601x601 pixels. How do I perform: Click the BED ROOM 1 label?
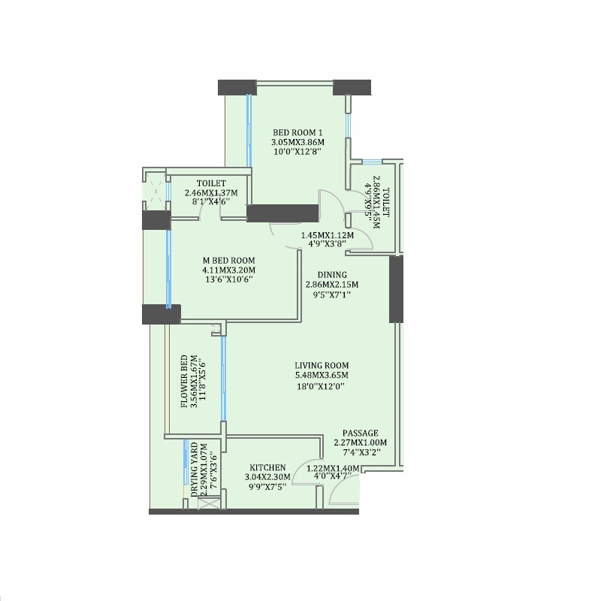pos(297,131)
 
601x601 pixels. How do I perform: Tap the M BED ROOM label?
pos(228,261)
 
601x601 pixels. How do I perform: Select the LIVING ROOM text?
pos(322,365)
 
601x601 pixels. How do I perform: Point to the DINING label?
pos(331,275)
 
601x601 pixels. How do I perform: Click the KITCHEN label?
pos(268,467)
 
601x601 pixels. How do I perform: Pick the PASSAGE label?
pos(360,433)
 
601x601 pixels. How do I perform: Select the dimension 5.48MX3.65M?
pos(322,376)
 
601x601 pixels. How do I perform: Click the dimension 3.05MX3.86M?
pos(297,141)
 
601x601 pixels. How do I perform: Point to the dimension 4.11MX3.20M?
pos(228,270)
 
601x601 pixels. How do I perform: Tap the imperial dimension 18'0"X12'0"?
pos(322,387)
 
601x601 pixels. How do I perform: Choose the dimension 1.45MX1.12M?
pos(328,235)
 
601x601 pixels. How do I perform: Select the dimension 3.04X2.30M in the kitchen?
pos(268,476)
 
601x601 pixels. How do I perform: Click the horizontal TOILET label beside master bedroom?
pos(211,183)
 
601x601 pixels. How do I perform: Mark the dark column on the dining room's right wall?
pos(396,289)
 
